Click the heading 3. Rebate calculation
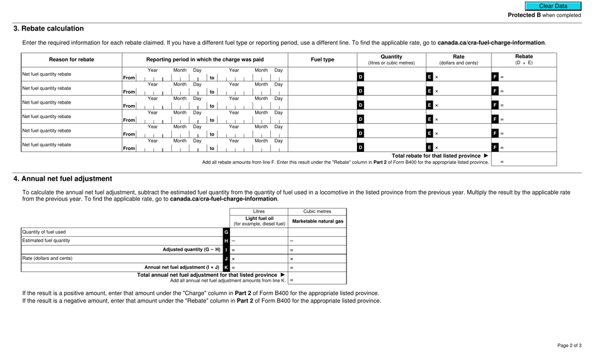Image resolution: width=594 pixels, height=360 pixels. pos(49,29)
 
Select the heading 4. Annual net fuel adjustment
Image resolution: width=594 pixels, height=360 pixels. pos(63,179)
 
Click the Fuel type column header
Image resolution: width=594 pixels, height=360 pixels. pos(323,60)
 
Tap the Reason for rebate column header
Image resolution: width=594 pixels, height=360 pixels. pos(71,60)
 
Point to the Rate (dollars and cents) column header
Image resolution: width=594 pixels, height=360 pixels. pos(458,60)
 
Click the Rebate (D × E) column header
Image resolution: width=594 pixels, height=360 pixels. pos(523,60)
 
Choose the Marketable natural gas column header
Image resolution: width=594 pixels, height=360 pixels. pos(318,221)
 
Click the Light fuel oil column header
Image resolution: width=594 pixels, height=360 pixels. pos(259,221)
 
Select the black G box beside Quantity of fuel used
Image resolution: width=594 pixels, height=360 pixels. pos(226,232)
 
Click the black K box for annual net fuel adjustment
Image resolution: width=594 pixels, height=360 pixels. pos(226,267)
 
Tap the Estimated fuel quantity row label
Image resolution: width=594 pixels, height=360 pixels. pos(46,241)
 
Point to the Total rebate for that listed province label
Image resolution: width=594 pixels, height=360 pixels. pos(436,156)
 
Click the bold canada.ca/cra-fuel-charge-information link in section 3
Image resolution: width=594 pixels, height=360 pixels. pos(491,42)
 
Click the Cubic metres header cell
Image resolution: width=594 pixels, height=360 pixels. pos(318,212)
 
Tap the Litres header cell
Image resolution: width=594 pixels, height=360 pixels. pos(259,212)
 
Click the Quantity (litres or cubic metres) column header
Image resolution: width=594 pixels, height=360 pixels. pos(391,60)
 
